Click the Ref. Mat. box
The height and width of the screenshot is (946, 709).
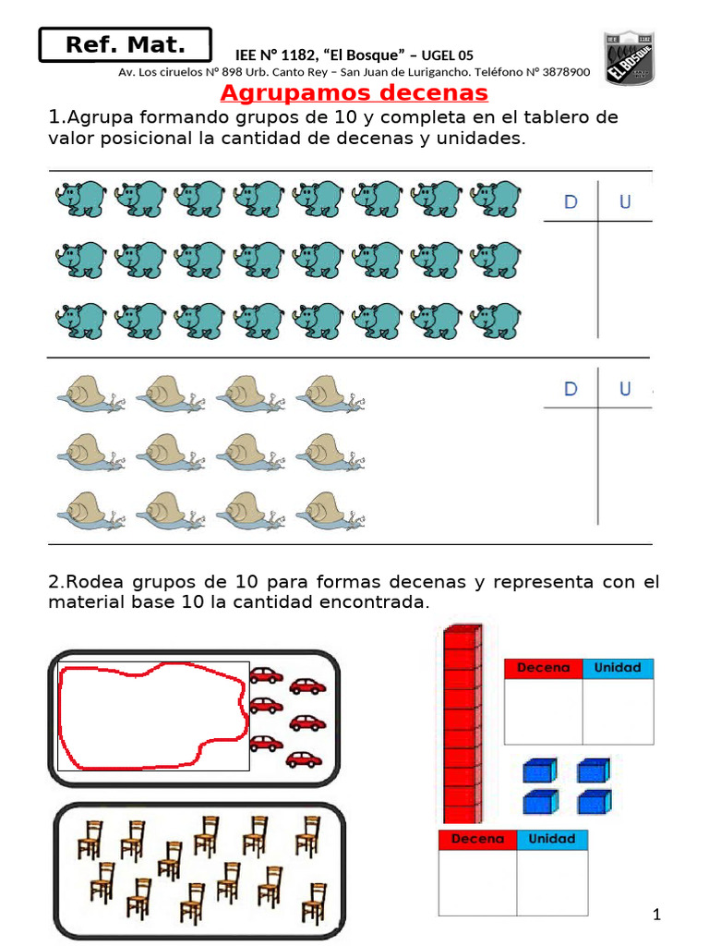(x=125, y=44)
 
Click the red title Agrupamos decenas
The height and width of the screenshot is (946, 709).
(x=354, y=93)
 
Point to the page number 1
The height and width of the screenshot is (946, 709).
(x=656, y=915)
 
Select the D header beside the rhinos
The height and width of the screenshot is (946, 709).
(x=571, y=202)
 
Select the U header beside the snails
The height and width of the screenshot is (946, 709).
(x=625, y=389)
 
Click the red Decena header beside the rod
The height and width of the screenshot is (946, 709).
(x=543, y=668)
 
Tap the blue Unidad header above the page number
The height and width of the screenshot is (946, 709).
(x=552, y=840)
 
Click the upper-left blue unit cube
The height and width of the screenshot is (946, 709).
(x=538, y=770)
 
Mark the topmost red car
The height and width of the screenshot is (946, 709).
(x=266, y=675)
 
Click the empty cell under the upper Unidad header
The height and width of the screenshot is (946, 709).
(x=618, y=711)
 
